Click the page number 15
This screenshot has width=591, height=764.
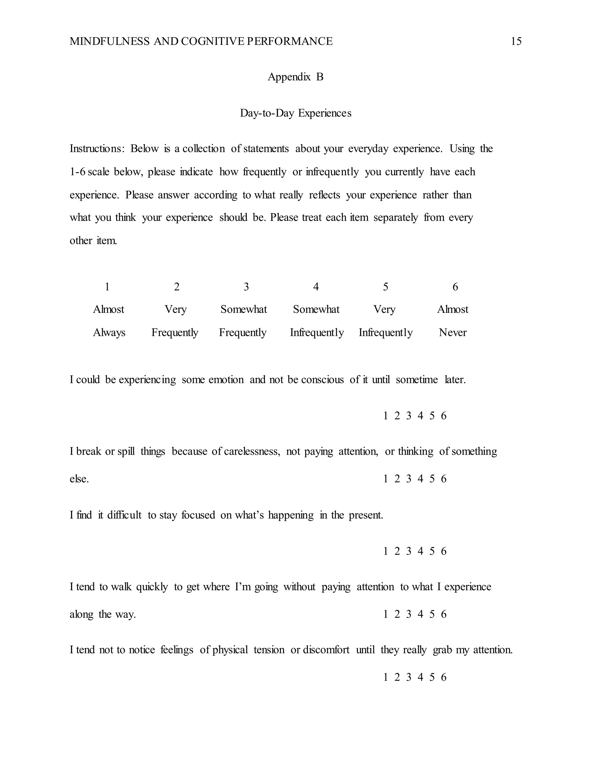[x=516, y=41]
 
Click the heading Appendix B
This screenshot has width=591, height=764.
[x=295, y=77]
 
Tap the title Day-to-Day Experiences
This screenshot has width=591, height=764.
[x=295, y=113]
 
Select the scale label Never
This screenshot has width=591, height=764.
[x=452, y=332]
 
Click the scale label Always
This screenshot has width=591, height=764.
[x=109, y=332]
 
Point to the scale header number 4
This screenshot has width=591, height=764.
[x=316, y=287]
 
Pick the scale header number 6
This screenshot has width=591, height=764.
[x=455, y=287]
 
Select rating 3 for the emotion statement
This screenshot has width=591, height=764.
[x=409, y=415]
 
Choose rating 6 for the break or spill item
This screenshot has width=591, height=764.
[x=444, y=479]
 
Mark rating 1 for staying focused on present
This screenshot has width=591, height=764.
[x=386, y=551]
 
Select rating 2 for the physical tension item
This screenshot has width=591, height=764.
[x=397, y=677]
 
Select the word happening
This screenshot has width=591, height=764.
[x=291, y=515]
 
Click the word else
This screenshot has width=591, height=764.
[x=79, y=479]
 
